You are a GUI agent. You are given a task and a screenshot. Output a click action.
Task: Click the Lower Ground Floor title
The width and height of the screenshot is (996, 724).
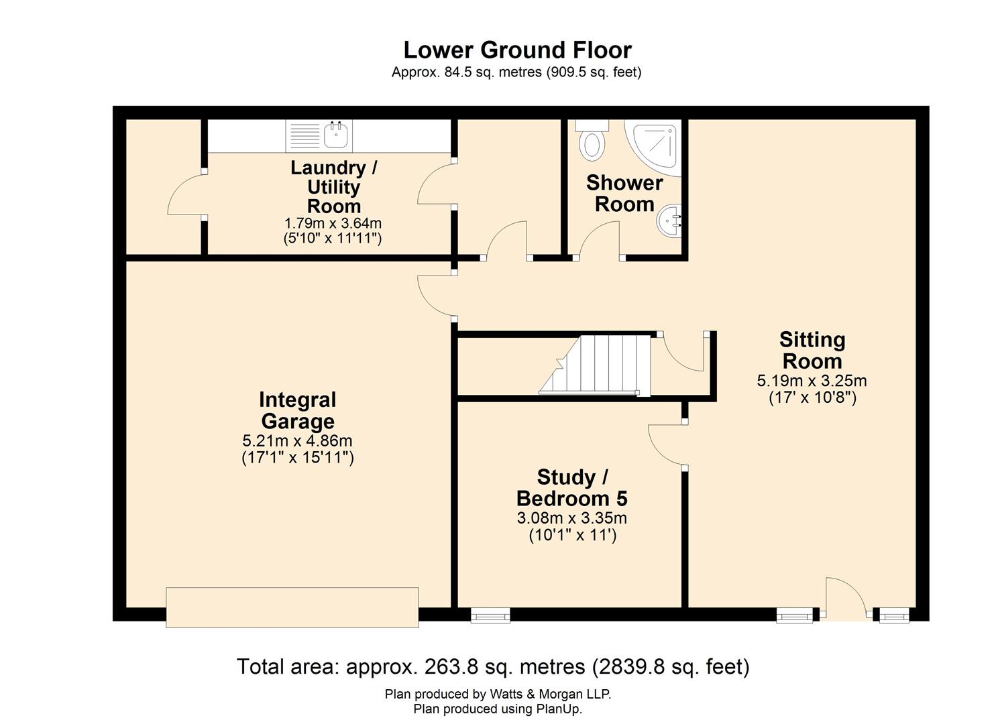(x=517, y=50)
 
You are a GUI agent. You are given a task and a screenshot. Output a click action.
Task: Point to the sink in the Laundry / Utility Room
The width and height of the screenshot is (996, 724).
(x=335, y=135)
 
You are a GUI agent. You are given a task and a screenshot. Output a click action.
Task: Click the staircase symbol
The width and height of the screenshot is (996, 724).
(x=596, y=365)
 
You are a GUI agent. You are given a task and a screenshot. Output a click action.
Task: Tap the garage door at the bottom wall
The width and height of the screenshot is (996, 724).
(x=292, y=607)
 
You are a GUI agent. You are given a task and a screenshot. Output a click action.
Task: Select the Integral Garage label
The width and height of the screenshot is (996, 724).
(x=297, y=410)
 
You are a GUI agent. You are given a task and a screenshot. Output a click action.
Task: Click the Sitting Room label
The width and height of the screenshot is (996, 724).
(x=812, y=350)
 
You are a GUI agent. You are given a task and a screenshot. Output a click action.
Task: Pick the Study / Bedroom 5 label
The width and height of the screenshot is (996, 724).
(x=572, y=487)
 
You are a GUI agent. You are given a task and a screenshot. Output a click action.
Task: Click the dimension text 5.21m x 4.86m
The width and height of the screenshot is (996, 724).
(x=297, y=441)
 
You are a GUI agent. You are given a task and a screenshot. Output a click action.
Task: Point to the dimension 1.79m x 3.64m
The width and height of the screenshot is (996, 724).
(x=333, y=223)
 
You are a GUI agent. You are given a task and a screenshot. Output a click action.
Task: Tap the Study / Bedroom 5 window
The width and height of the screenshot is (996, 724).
(x=490, y=615)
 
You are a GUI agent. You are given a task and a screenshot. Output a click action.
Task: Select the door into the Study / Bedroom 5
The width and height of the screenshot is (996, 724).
(x=666, y=445)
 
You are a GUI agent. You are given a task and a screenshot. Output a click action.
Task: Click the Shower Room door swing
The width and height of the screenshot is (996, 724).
(x=599, y=240)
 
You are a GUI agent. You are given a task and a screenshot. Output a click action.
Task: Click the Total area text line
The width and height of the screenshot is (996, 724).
(x=493, y=666)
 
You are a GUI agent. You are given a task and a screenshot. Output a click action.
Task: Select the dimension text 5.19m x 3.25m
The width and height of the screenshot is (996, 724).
(x=812, y=381)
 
